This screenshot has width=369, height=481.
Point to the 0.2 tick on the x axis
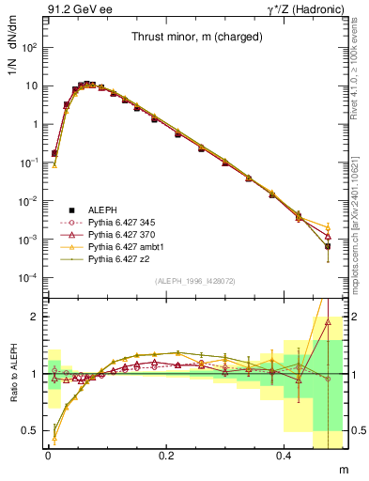click(167, 454)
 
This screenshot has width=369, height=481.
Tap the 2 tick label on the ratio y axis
click(31, 318)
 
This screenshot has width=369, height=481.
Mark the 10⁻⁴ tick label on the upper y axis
click(25, 278)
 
